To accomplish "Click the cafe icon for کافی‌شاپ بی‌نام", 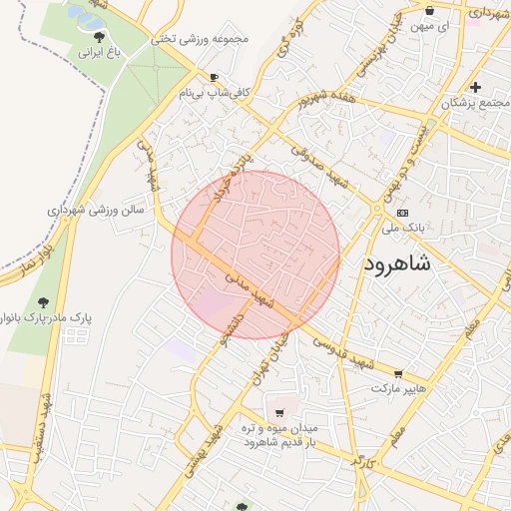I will pos(215,77).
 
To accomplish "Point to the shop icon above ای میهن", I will pos(430,11).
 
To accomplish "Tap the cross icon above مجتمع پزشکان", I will pos(476,87).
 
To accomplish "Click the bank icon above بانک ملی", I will pos(402,213).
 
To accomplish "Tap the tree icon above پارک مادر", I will pos(42,301).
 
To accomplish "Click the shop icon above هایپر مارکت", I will pos(397,373).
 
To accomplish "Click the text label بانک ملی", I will pos(403,229).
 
